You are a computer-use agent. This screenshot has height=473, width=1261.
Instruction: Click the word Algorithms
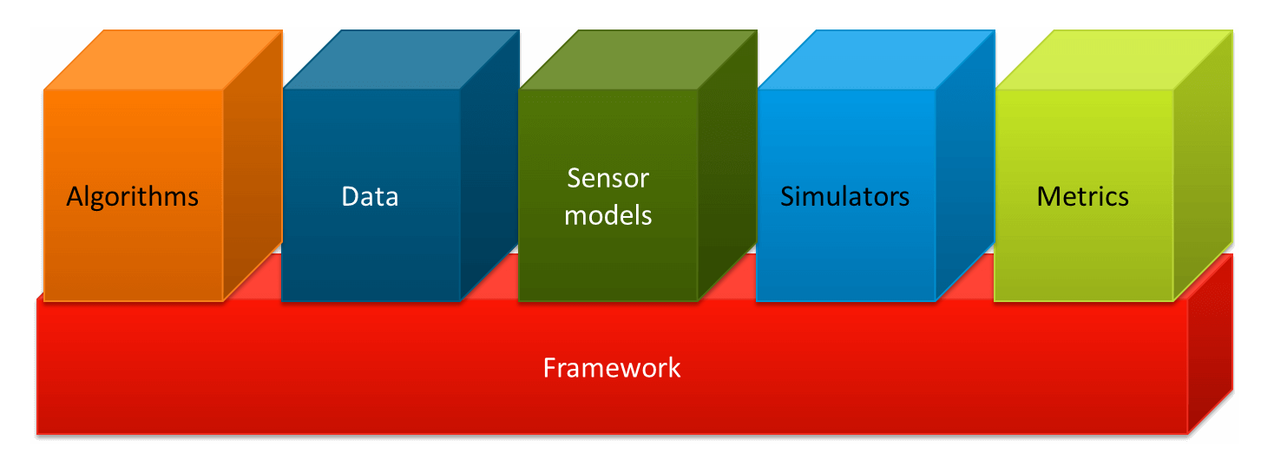coord(133,197)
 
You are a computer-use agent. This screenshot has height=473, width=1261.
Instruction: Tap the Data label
coord(370,196)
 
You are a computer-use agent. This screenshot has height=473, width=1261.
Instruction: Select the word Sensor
coord(608,178)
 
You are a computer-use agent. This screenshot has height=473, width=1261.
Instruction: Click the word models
coord(608,214)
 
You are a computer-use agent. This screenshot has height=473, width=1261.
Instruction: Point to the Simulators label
coord(844,196)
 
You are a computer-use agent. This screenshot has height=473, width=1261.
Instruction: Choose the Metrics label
coord(1082,196)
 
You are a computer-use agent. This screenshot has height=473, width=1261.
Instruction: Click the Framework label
coord(612,368)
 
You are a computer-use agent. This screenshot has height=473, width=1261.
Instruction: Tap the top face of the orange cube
coord(163,60)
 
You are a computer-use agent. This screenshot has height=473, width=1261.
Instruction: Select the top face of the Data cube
coord(401,60)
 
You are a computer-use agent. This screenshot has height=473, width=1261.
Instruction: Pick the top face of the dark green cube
coord(638,60)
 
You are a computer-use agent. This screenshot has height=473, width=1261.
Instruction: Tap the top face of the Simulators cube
coord(876,60)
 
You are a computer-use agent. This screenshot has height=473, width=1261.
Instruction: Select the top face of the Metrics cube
coord(1113,60)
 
